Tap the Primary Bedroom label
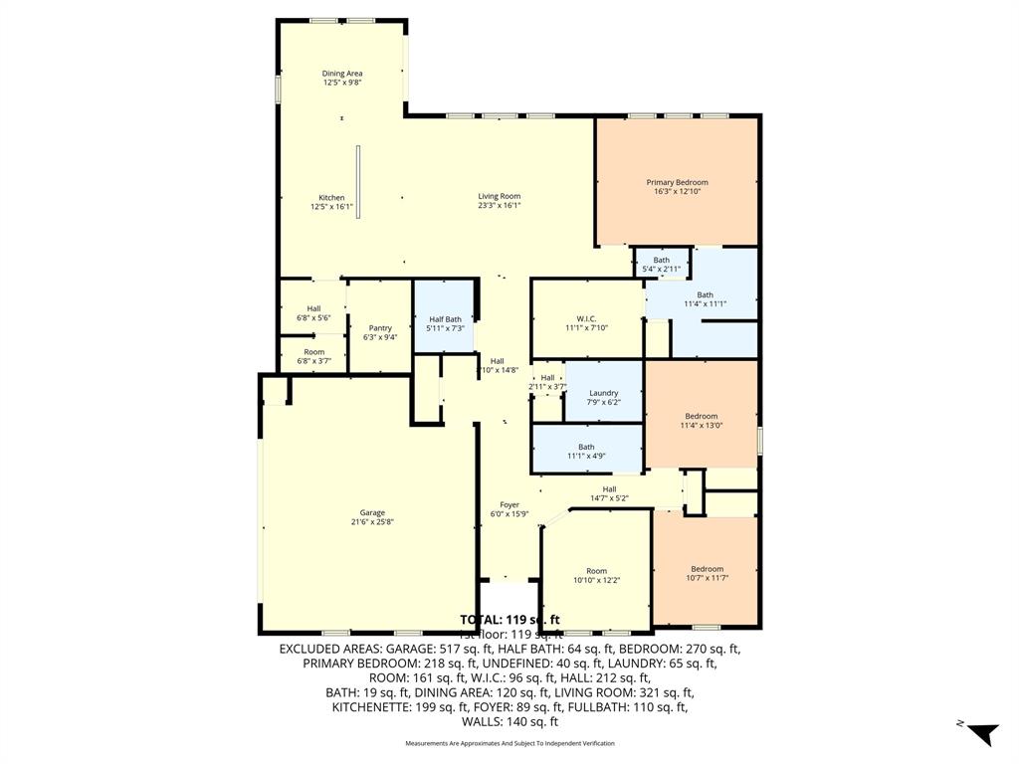pos(677,183)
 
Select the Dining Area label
pos(341,74)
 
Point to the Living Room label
pos(499,196)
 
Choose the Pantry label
pos(380,328)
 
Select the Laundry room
pos(603,393)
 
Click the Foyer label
pos(509,505)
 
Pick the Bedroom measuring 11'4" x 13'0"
pos(701,417)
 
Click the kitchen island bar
pos(358,182)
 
